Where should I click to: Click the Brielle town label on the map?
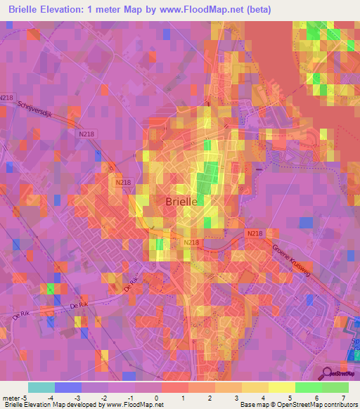pyautogui.click(x=181, y=201)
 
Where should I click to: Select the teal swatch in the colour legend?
pyautogui.click(x=41, y=387)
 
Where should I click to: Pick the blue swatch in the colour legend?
pyautogui.click(x=68, y=387)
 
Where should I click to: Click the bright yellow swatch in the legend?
pyautogui.click(x=282, y=387)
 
